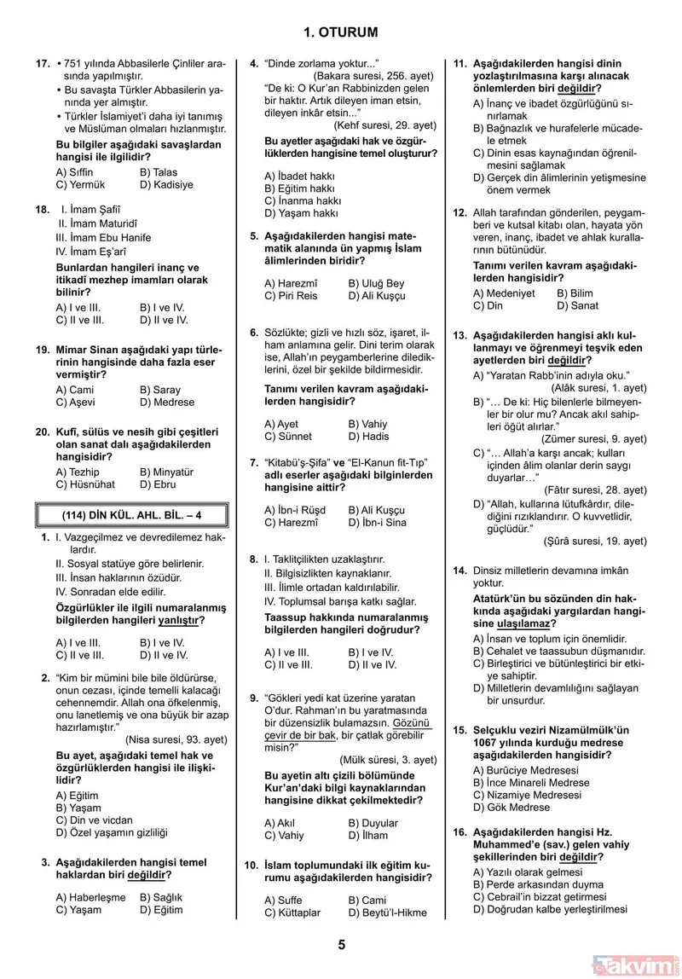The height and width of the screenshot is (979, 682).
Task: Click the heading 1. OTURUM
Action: (x=340, y=32)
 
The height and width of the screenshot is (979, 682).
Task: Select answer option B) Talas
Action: (x=159, y=172)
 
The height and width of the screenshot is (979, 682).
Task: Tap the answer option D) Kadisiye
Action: (x=166, y=184)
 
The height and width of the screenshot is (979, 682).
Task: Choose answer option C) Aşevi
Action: (x=76, y=403)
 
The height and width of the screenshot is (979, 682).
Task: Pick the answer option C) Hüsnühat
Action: (x=84, y=484)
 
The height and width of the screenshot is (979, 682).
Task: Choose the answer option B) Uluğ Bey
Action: (x=376, y=284)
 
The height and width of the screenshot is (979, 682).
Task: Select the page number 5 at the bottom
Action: (x=341, y=944)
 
